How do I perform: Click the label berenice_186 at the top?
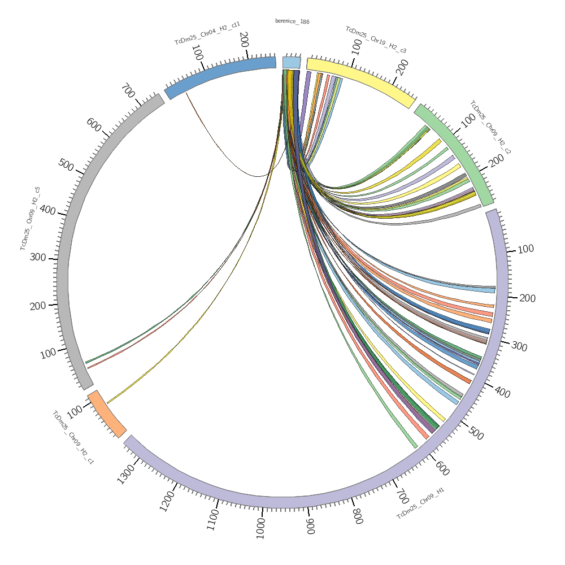pyautogui.click(x=292, y=21)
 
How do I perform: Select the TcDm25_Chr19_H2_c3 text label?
pyautogui.click(x=376, y=40)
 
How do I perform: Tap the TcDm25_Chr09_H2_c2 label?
pyautogui.click(x=490, y=128)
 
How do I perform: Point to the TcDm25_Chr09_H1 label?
pyautogui.click(x=420, y=504)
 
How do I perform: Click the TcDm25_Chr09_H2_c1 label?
pyautogui.click(x=73, y=437)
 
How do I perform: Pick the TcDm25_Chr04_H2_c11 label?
pyautogui.click(x=207, y=33)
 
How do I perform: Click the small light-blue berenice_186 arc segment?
pyautogui.click(x=292, y=62)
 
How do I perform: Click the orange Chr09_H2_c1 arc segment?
pyautogui.click(x=106, y=414)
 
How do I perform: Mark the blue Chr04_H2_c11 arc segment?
pyautogui.click(x=220, y=73)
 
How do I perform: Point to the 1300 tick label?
pyautogui.click(x=127, y=473)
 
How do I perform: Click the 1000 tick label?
pyautogui.click(x=260, y=529)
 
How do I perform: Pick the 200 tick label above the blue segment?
pyautogui.click(x=244, y=40)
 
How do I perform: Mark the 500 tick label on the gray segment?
pyautogui.click(x=66, y=165)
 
